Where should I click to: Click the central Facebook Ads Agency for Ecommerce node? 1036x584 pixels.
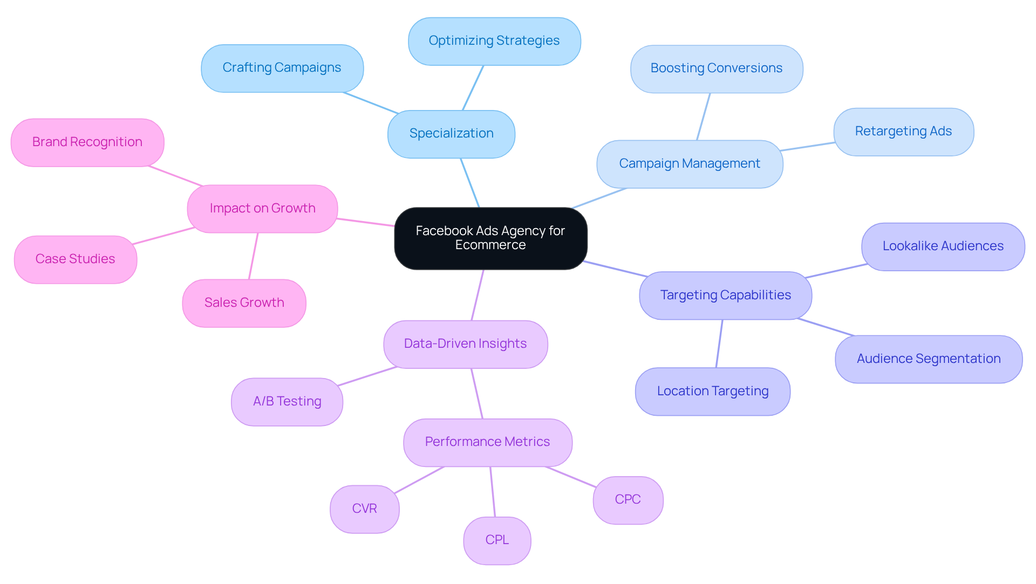click(490, 238)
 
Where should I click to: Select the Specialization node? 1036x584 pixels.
click(451, 134)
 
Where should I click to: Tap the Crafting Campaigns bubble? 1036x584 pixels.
click(282, 68)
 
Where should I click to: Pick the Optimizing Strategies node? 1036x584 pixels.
click(494, 41)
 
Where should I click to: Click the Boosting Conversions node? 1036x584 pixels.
click(716, 68)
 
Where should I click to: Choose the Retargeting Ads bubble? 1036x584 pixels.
click(903, 132)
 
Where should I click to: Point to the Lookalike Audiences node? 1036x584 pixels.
click(943, 246)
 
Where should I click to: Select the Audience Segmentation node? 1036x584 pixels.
click(928, 359)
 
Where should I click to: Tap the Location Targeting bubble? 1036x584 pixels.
click(712, 391)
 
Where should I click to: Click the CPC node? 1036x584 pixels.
click(628, 500)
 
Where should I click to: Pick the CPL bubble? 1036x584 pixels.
click(497, 540)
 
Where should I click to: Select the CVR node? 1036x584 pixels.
click(364, 509)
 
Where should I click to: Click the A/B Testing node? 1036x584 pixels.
click(287, 402)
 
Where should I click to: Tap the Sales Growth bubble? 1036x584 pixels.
click(244, 303)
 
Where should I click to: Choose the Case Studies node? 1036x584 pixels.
click(75, 259)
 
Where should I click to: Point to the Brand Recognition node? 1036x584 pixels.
click(87, 142)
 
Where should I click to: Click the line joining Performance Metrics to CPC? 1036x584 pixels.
click(570, 477)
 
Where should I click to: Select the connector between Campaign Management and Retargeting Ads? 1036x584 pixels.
click(807, 147)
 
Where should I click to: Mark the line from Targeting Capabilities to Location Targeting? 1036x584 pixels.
click(719, 343)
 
